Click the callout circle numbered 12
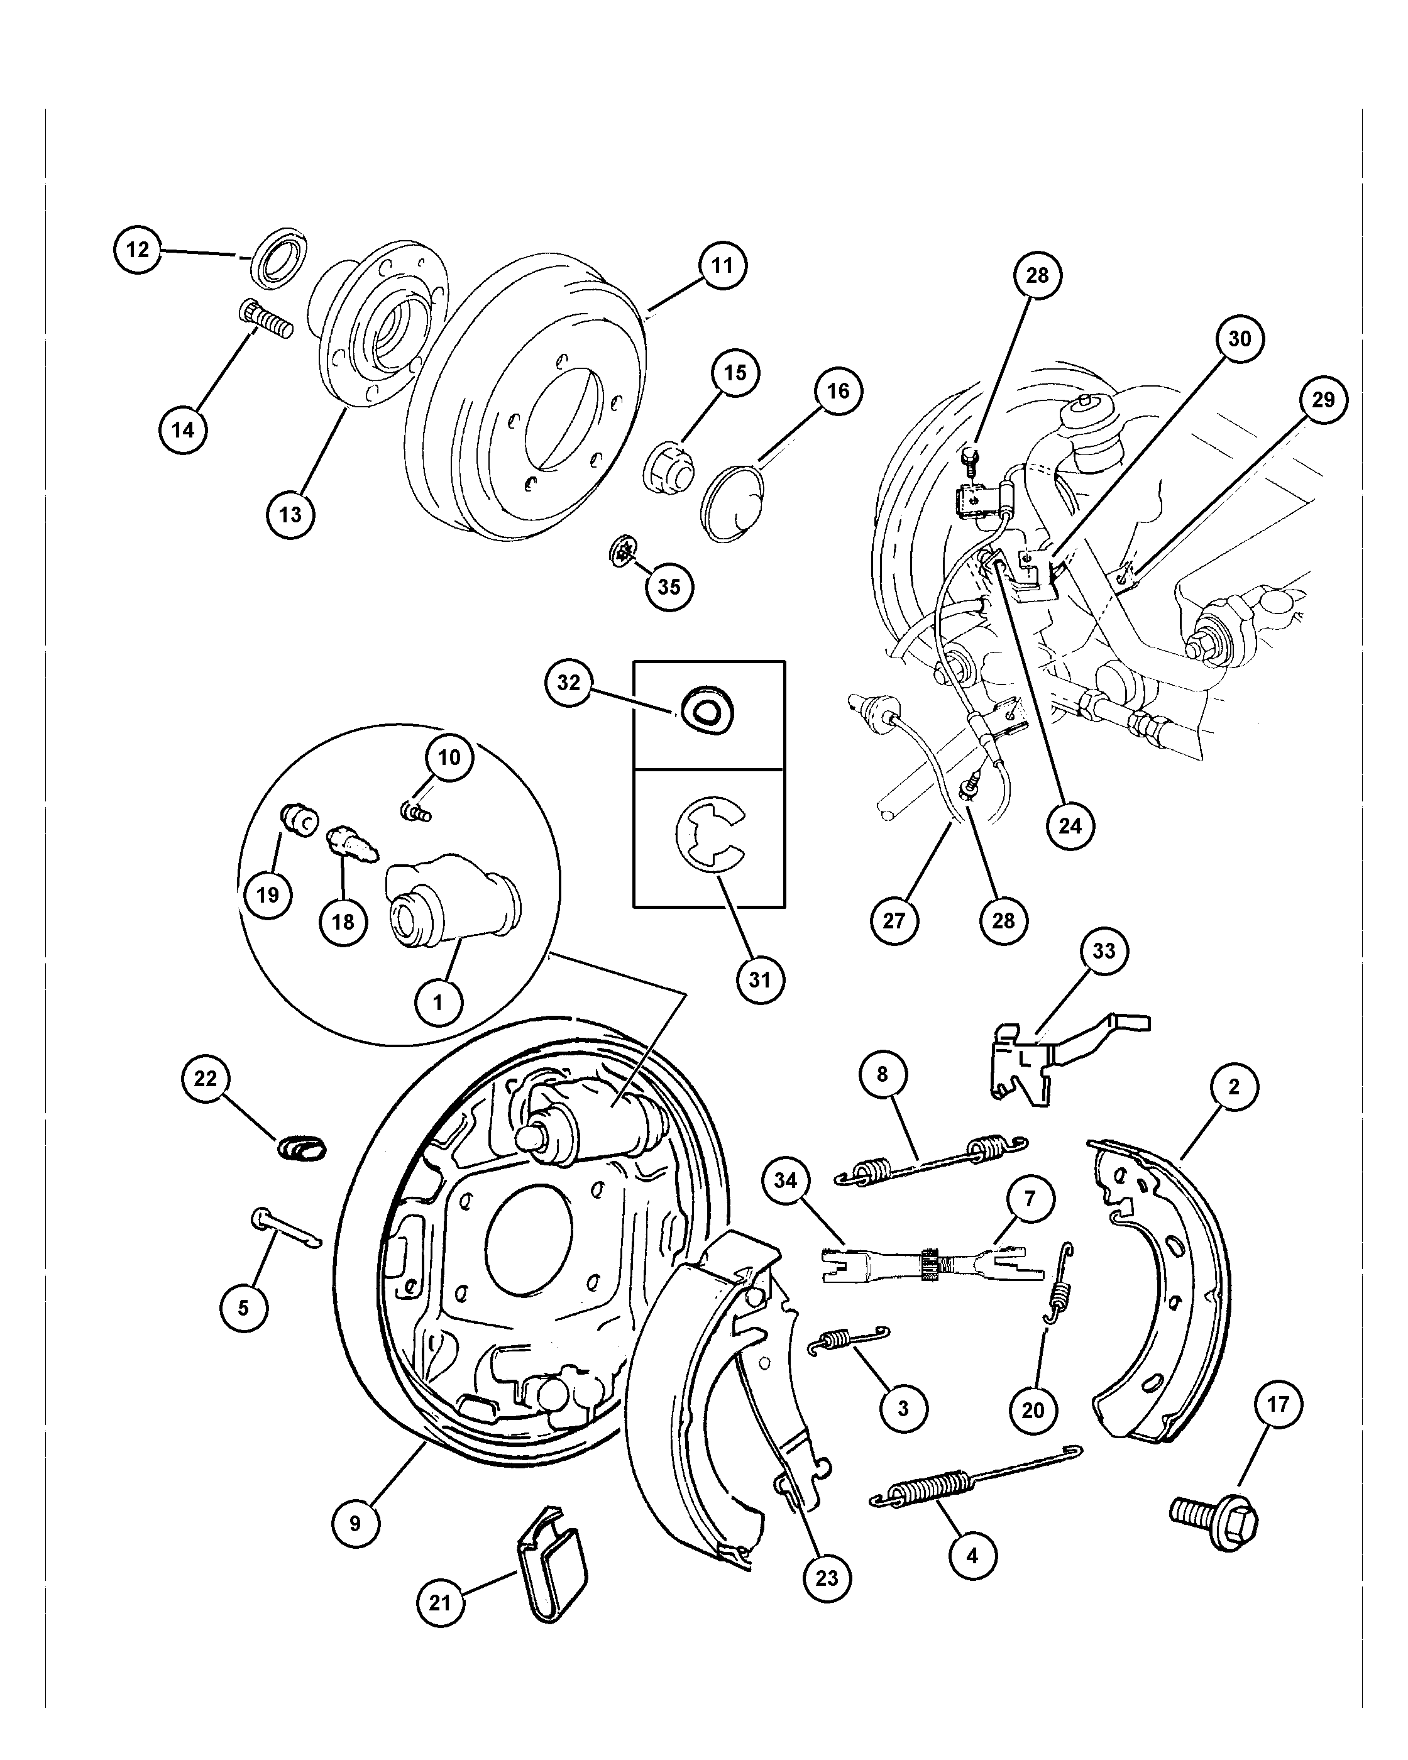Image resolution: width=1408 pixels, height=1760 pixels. click(137, 250)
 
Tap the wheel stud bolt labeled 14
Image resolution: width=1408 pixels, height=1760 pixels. click(266, 321)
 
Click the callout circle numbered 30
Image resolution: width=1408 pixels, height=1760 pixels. click(1239, 339)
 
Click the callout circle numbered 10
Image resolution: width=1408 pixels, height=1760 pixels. click(449, 757)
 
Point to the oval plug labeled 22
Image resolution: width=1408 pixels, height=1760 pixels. click(302, 1147)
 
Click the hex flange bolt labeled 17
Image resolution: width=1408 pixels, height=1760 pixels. click(1214, 1520)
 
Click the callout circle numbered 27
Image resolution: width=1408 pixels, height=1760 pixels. click(894, 921)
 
